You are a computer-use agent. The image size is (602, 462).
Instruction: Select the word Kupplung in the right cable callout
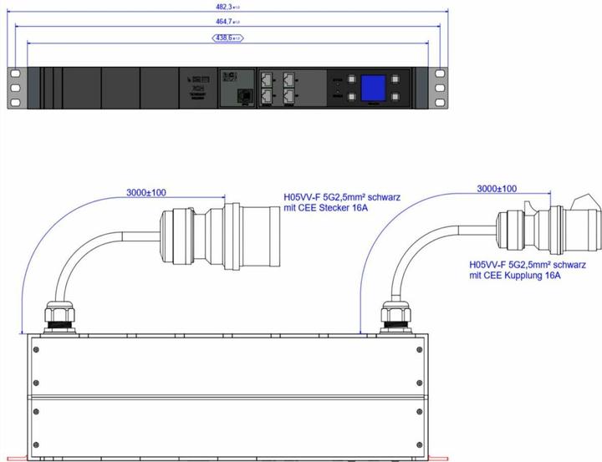(x=523, y=273)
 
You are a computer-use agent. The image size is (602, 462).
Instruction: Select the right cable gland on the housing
(x=393, y=317)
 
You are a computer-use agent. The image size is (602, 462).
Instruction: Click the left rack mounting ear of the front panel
(x=14, y=87)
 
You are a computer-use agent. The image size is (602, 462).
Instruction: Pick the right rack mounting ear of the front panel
(x=441, y=87)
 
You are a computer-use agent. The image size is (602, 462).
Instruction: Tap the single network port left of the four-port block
(x=245, y=96)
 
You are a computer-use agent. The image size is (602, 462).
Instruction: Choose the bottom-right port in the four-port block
(x=290, y=96)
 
